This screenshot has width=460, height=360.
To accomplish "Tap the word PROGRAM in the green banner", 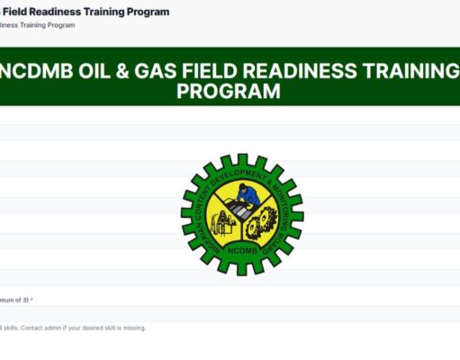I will pos(229,92).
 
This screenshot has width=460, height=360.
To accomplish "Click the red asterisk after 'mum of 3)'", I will pos(32,300).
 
